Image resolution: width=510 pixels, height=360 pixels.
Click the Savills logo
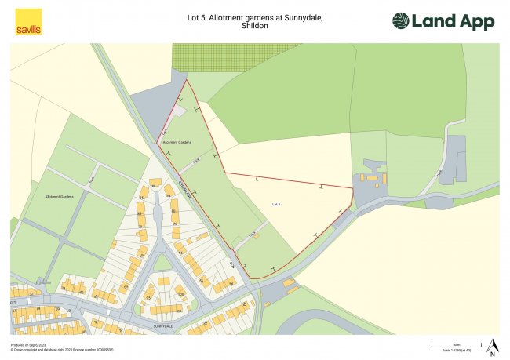tap(28, 21)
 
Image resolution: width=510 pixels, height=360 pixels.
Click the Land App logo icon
tap(400, 21)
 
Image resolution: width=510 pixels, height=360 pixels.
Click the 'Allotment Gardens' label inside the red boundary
tap(177, 142)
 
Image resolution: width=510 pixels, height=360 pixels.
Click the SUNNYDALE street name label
tap(162, 325)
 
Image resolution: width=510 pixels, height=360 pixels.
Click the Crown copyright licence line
tap(52, 349)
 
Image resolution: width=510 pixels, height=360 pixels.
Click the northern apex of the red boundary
tap(187, 79)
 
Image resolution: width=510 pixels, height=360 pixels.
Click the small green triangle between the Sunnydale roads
tap(162, 262)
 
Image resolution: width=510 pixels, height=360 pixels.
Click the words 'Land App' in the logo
tap(458, 21)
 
